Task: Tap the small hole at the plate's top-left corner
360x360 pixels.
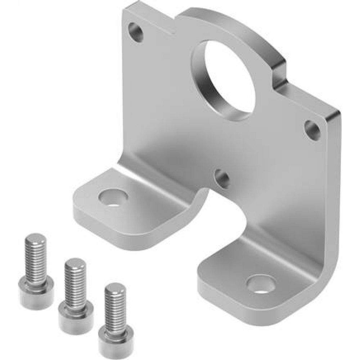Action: (x=136, y=32)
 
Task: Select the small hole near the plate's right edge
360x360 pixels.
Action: (x=312, y=130)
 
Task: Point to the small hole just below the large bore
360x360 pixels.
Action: (x=222, y=178)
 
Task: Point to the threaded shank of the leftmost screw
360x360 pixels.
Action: (x=36, y=259)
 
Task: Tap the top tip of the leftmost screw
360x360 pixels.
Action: (x=35, y=238)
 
